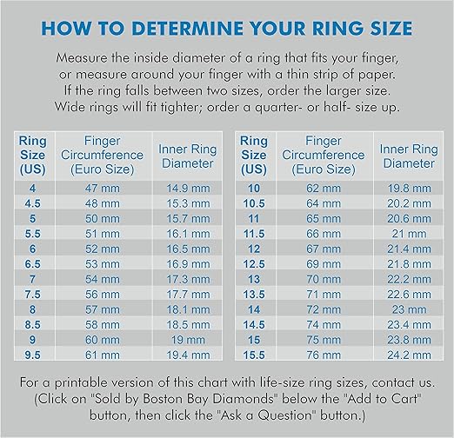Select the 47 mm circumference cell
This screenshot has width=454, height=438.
[x=102, y=187]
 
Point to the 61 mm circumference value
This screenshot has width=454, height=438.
[x=102, y=355]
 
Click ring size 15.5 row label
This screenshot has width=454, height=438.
[x=254, y=355]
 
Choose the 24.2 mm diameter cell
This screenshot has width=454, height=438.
[x=408, y=355]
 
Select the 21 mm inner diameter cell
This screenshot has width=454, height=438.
[x=408, y=233]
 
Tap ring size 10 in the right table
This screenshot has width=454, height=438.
[x=254, y=187]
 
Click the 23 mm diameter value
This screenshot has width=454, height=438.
[x=408, y=309]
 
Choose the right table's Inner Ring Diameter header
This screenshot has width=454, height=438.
[x=408, y=156]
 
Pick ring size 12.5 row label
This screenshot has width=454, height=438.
[x=254, y=263]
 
